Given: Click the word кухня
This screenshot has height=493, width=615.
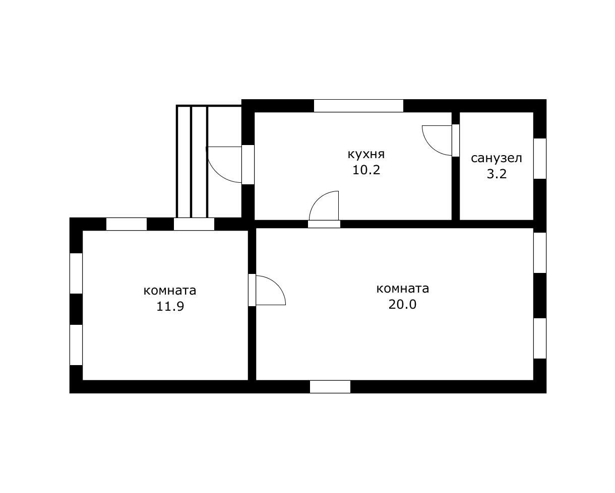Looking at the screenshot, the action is coord(366,155).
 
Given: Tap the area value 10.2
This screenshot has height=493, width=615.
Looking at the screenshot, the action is coord(366,170).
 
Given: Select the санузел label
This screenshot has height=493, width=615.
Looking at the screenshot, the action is coord(497,158).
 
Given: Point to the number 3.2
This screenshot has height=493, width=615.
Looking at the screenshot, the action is coord(497,174).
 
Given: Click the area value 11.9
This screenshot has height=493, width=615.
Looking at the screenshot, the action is coord(170,306).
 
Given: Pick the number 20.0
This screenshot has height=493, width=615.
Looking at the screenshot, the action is coord(402,304).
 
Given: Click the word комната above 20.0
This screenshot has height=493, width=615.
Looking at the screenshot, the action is coord(403,289).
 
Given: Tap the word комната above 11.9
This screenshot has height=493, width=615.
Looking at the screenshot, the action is coord(170,291).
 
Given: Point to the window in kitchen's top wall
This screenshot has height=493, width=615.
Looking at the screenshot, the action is coord(358,106).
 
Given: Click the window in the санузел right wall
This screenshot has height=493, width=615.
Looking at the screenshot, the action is coord(540,159).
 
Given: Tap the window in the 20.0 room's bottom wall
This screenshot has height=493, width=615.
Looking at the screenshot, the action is coord(330,387).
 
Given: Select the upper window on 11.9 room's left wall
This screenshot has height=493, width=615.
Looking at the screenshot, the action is coord(76,273).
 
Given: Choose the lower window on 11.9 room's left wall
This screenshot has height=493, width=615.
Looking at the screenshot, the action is coord(76,345).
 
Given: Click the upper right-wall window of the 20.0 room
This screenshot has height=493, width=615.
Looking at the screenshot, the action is coord(540,253).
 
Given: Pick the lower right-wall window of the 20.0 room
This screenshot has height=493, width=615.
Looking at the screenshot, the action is coord(540,338).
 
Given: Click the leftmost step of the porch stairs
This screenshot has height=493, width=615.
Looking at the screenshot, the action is coord(184,162).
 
